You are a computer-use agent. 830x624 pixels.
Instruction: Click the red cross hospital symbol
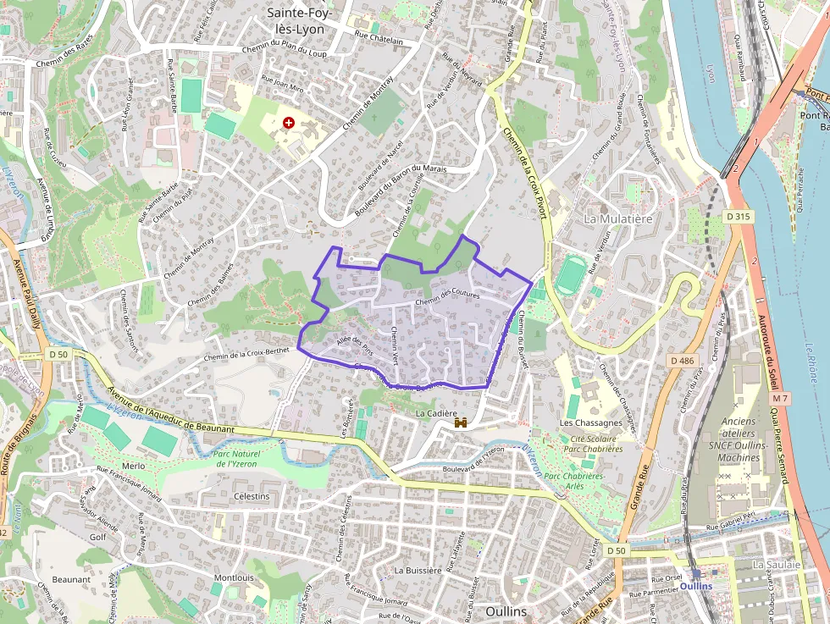[290, 123]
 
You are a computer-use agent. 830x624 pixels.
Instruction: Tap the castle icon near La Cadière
[462, 422]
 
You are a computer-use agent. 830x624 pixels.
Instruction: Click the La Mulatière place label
[617, 218]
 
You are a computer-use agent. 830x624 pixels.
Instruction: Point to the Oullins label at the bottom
[507, 610]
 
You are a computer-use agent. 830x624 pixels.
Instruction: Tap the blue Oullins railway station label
[695, 585]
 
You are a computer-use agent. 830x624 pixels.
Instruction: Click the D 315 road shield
[739, 217]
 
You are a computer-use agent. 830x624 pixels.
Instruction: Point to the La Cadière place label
[436, 413]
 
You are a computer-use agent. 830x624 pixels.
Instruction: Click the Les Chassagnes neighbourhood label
[591, 422]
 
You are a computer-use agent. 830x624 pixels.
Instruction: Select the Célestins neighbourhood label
[252, 496]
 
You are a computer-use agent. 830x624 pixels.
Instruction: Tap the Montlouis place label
[234, 577]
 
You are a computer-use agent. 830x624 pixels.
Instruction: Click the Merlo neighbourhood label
[134, 466]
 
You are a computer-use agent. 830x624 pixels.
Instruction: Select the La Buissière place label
[418, 570]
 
